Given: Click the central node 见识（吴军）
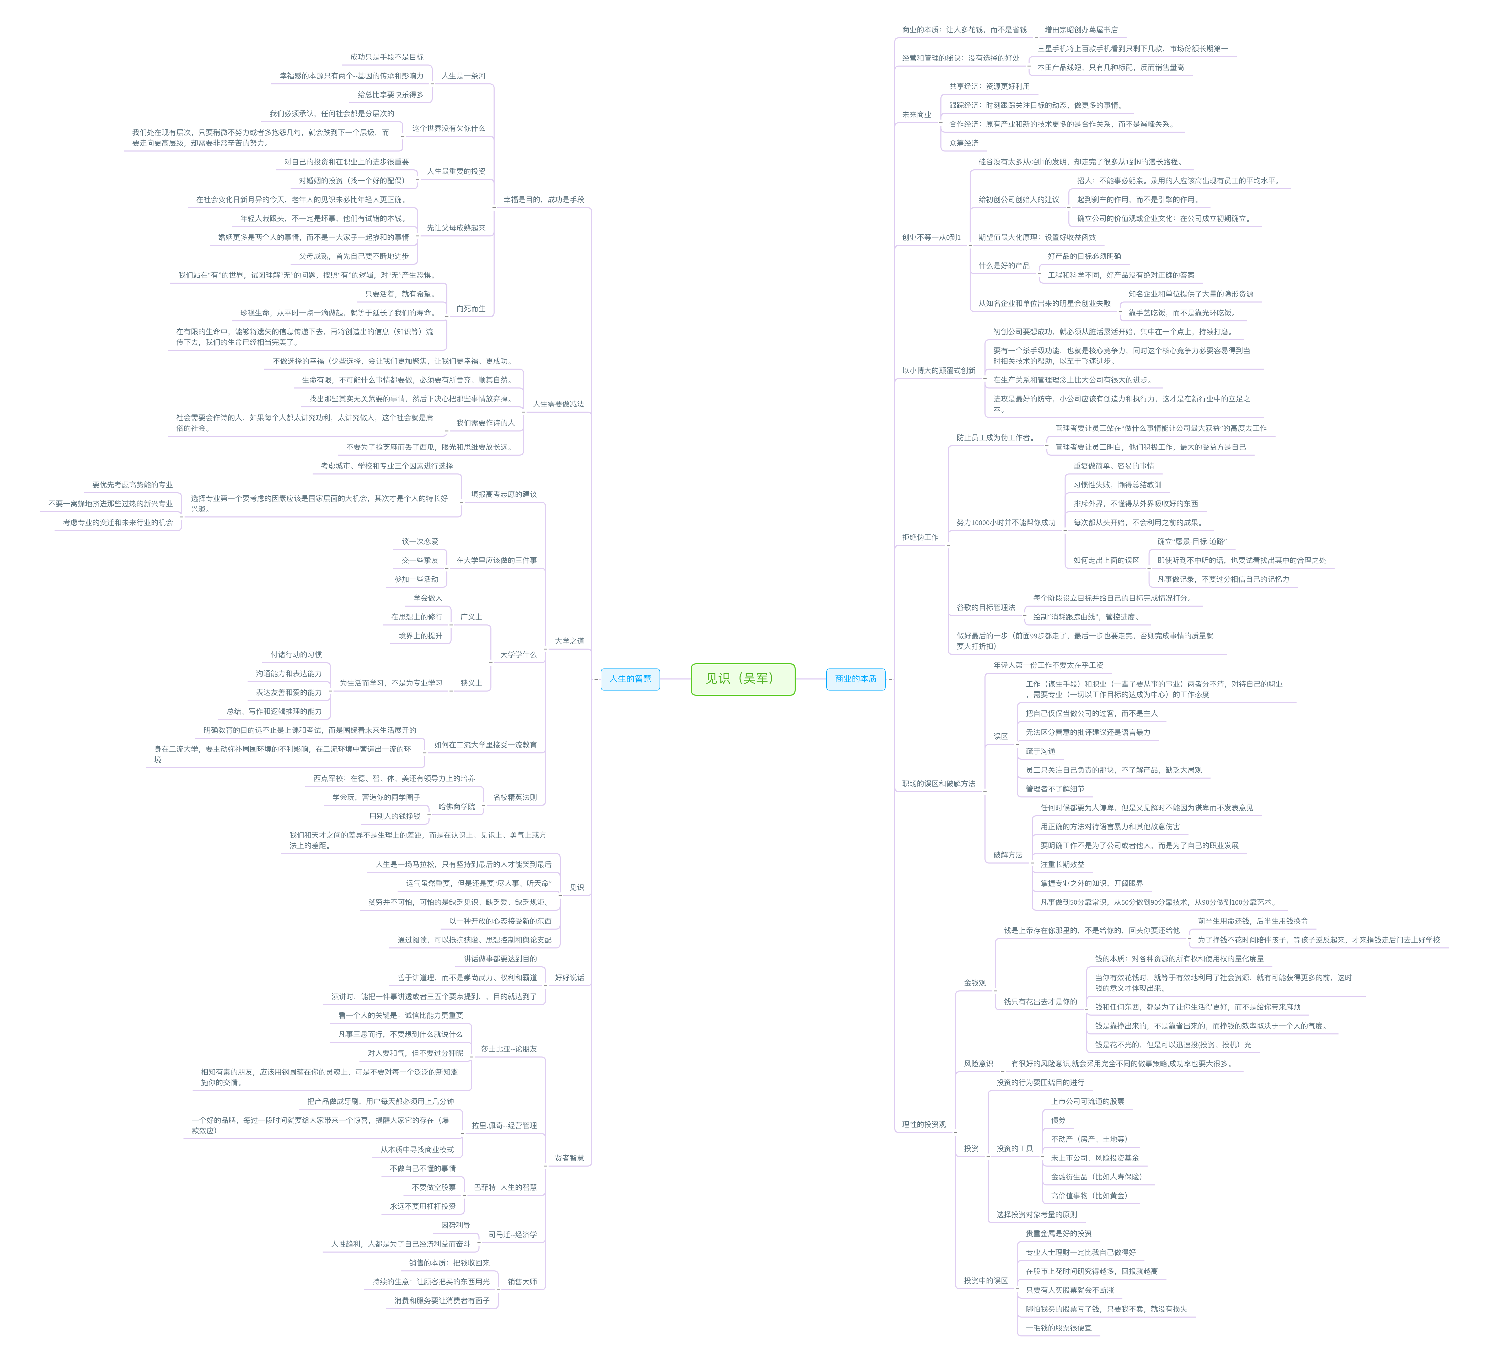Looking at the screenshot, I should (x=742, y=679).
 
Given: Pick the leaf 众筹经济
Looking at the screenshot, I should (x=964, y=143).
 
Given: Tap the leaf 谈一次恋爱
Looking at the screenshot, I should (x=420, y=541).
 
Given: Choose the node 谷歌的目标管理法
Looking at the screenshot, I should (x=985, y=607).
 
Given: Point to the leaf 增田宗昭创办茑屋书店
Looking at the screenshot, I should (x=1080, y=30).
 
